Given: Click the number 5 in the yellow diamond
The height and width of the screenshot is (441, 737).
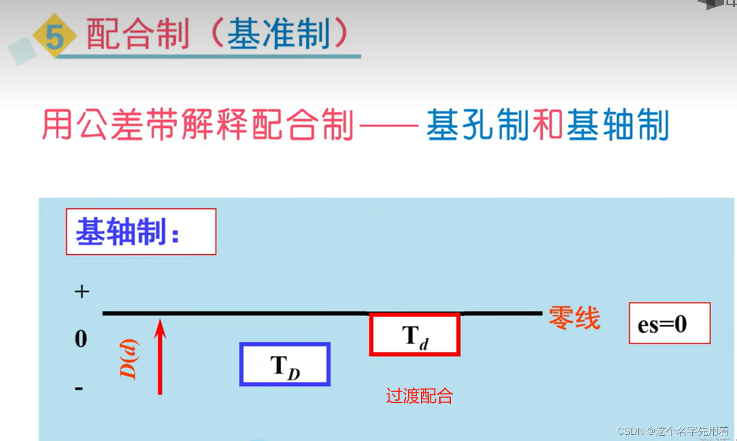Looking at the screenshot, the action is point(54,37).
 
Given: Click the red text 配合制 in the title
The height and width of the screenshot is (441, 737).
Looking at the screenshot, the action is point(137,35).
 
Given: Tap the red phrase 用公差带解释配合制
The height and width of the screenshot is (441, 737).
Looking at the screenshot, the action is point(197,125).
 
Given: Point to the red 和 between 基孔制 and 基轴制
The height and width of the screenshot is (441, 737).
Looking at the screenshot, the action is point(547,125).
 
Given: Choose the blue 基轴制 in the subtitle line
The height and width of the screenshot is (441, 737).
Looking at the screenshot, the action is point(617,125).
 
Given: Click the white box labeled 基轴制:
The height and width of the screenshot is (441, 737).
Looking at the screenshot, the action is point(140,232).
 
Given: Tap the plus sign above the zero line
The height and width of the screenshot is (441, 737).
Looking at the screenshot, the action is point(81,292).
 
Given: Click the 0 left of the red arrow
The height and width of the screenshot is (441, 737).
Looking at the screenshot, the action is point(80,339).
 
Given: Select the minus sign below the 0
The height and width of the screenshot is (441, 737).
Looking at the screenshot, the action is point(79,389).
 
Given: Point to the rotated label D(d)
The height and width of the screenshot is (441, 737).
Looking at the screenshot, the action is point(128,359).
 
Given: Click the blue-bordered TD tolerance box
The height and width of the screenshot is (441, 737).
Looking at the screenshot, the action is point(285,364).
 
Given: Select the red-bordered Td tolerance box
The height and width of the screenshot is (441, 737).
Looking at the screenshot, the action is point(415,334).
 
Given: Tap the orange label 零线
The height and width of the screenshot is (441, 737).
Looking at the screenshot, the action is point(574,318).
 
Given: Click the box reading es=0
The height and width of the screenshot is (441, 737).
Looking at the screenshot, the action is point(669,323).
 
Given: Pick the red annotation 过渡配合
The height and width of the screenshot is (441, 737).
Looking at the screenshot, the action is point(419,396).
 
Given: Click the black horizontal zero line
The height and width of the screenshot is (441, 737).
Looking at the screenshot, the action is point(237,313).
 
